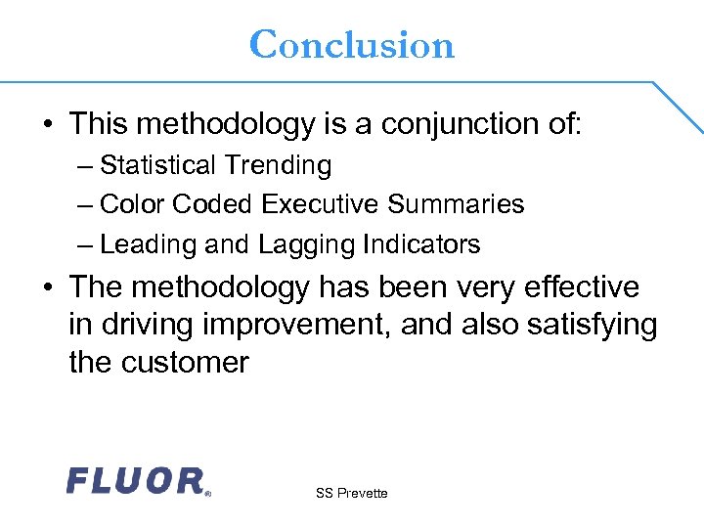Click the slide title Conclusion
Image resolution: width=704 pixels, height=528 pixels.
pos(352,45)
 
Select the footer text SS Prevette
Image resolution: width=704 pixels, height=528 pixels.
pos(351,494)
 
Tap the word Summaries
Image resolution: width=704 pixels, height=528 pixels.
pos(456,204)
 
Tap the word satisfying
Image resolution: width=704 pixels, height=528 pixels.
pos(592,325)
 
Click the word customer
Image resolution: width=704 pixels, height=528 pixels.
pos(185,363)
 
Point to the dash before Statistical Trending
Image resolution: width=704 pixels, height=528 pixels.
pos(85,166)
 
